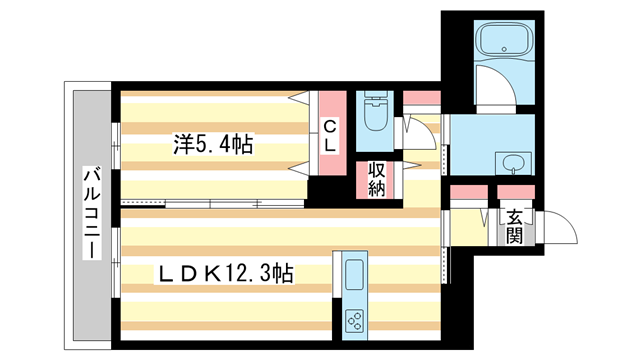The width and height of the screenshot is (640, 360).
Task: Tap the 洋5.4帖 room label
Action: click(212, 146)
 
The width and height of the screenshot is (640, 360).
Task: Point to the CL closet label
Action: click(328, 135)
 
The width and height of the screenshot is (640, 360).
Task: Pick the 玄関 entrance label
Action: click(514, 226)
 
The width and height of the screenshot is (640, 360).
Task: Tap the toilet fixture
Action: click(376, 112)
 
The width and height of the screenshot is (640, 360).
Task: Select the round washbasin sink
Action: click(510, 163)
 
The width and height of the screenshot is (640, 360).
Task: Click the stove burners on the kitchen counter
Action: click(356, 320)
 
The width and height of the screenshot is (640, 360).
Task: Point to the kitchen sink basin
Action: click(356, 273)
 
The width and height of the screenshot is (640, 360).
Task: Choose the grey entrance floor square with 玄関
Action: click(514, 227)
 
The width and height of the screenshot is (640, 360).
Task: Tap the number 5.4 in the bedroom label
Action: click(221, 146)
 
